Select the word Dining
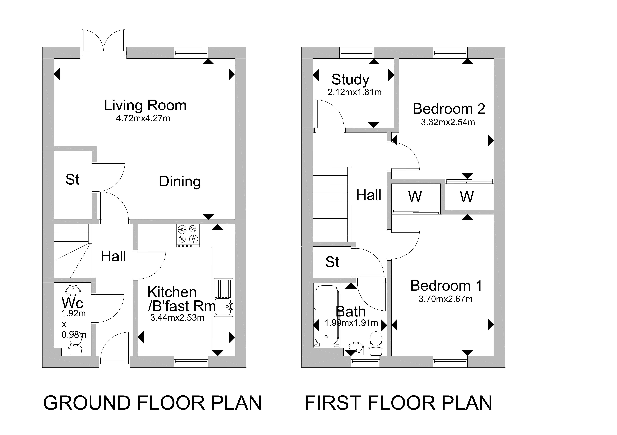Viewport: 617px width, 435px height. (x=180, y=182)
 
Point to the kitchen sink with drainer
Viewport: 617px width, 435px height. (x=224, y=298)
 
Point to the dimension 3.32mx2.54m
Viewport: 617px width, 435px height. (x=448, y=122)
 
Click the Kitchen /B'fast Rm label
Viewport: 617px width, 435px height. (x=181, y=299)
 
